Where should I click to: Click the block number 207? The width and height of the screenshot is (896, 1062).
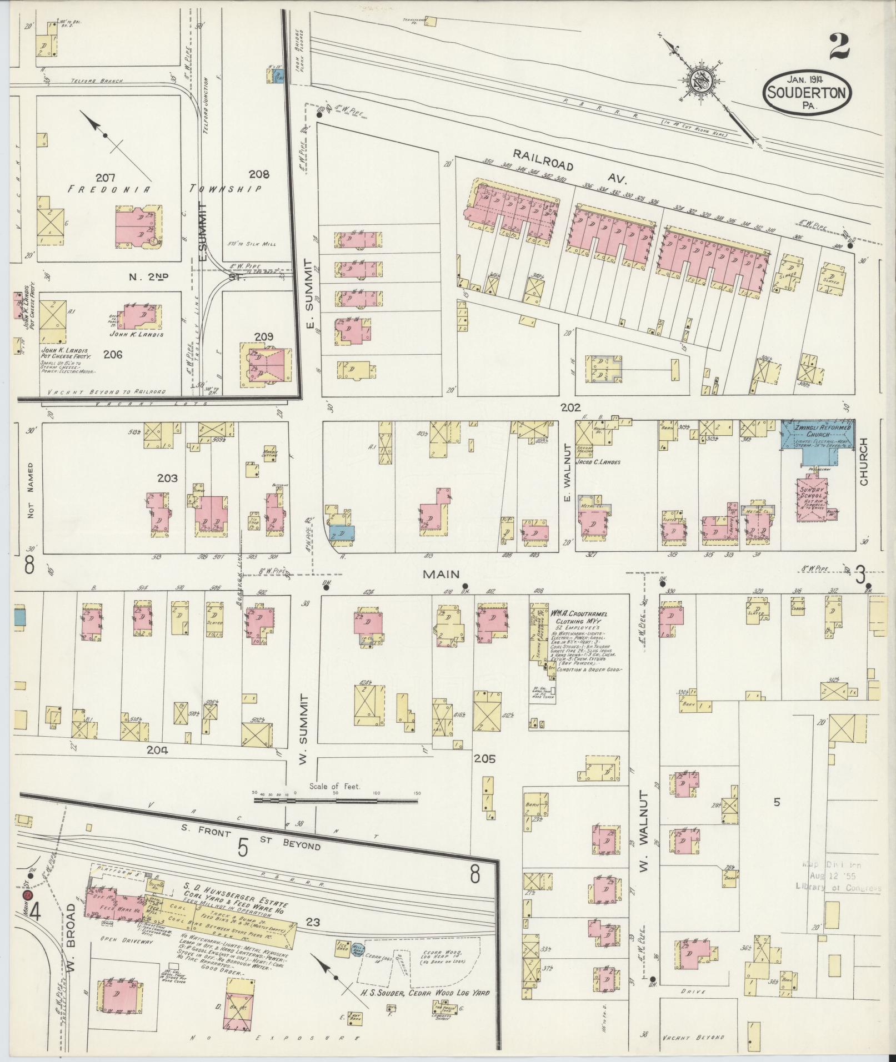pyautogui.click(x=105, y=178)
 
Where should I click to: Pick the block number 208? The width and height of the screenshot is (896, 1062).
pyautogui.click(x=258, y=174)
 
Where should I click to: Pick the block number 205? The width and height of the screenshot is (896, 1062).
pyautogui.click(x=484, y=758)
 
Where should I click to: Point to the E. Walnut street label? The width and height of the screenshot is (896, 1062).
pyautogui.click(x=567, y=472)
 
